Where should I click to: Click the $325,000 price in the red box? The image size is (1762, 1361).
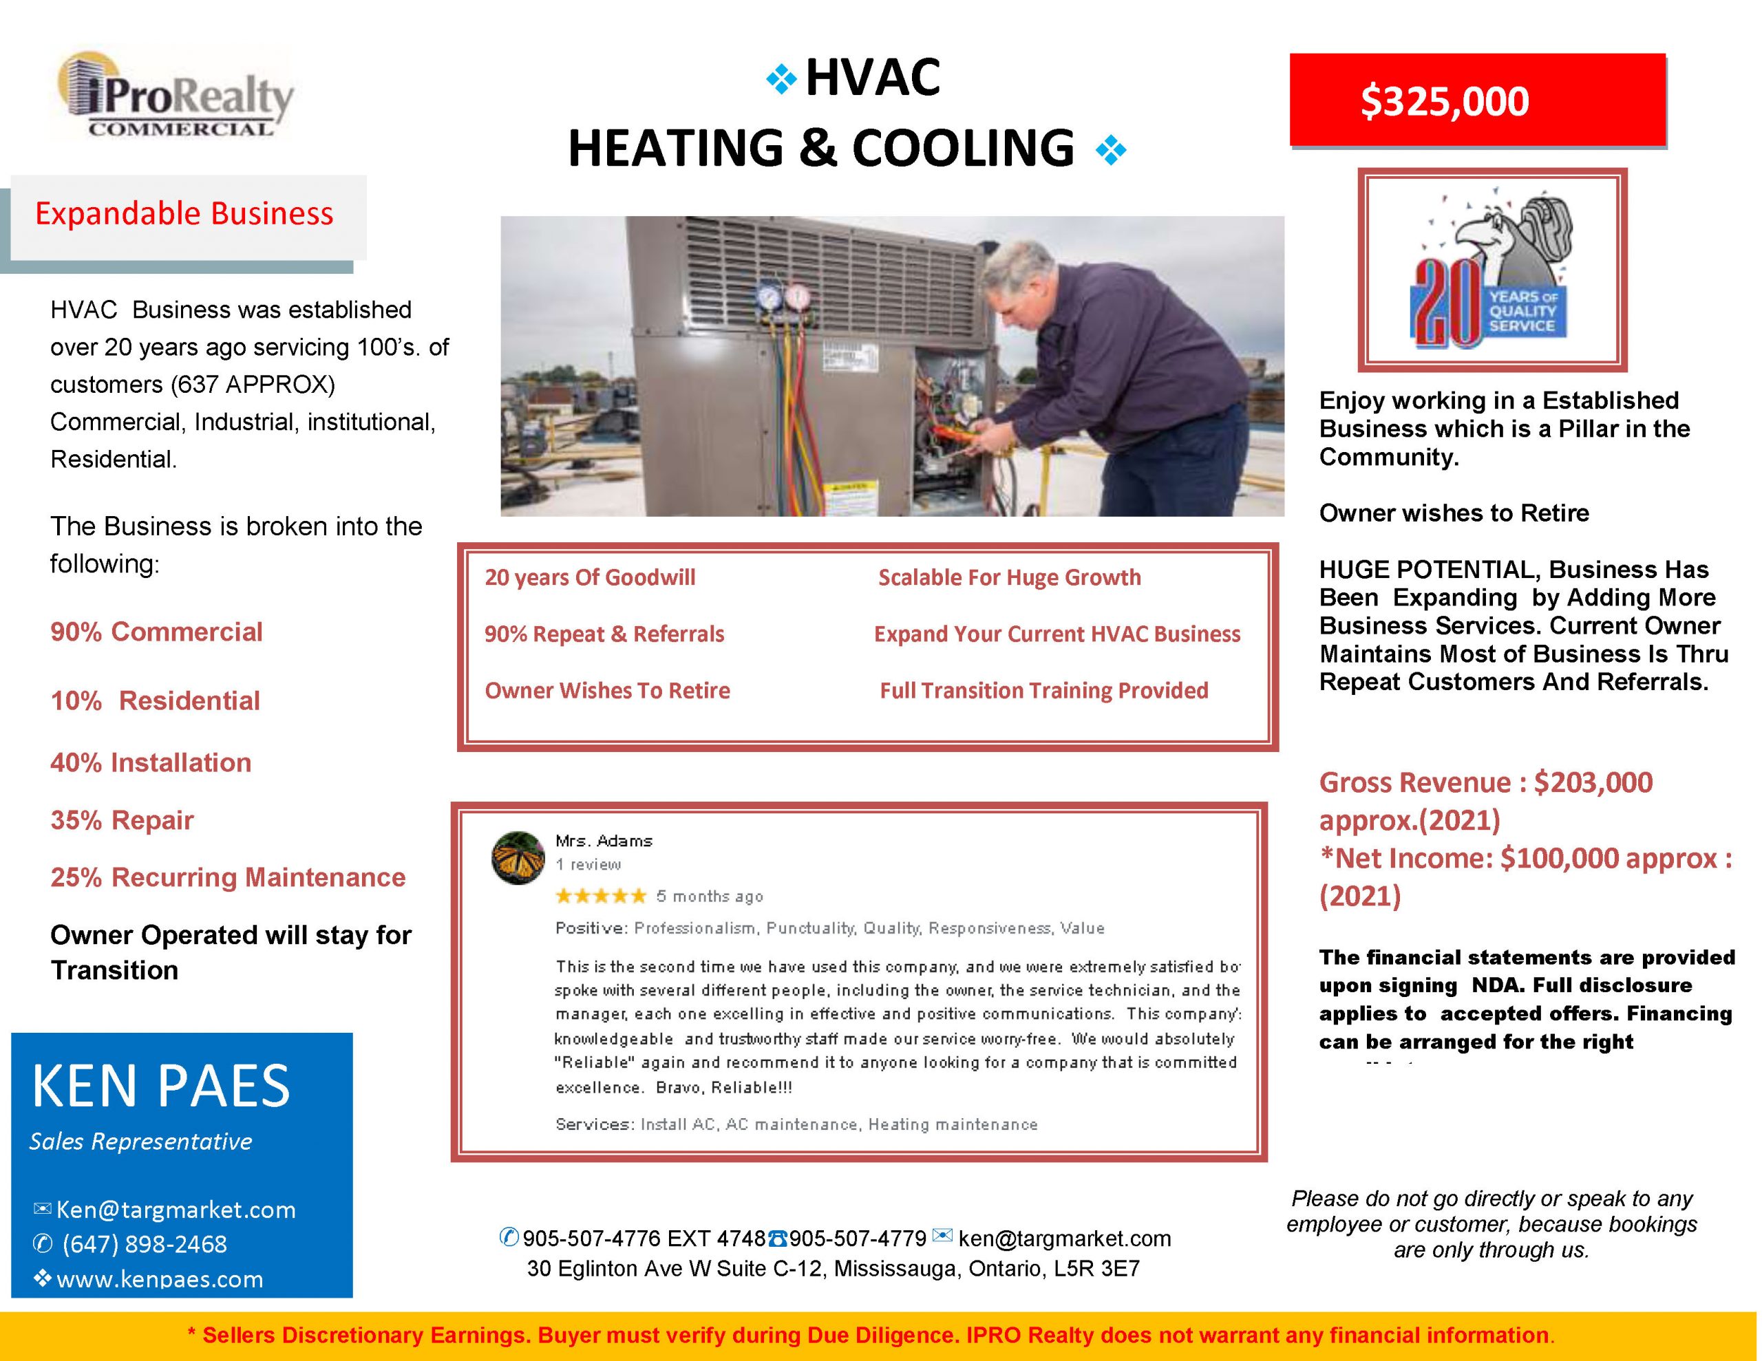pos(1443,102)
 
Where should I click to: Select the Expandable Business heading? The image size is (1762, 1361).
pos(184,214)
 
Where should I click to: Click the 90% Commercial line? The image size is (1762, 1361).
pos(156,632)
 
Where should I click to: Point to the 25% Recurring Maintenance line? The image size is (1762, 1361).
pos(228,877)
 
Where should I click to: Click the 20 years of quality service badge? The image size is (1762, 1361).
pos(1491,271)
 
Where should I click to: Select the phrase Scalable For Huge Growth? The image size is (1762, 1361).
pos(1008,578)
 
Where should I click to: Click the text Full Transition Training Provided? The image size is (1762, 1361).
pos(1043,691)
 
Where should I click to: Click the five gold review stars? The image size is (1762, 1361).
pos(601,895)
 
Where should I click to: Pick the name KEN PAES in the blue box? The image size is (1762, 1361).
pos(160,1086)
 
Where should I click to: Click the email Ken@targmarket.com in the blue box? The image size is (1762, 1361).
pos(175,1210)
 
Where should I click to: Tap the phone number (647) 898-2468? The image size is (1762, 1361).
pos(145,1244)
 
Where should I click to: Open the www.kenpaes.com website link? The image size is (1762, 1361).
pos(159,1278)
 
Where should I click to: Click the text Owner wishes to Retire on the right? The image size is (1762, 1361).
pos(1453,513)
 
